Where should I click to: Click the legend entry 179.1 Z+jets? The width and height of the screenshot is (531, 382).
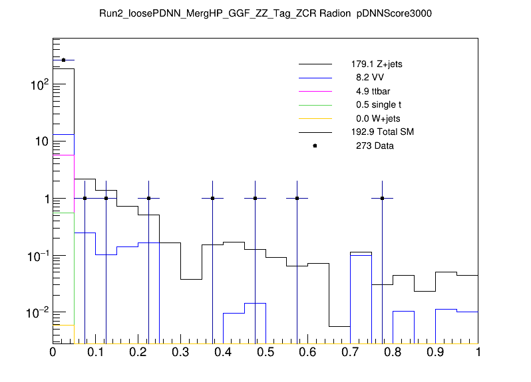376,65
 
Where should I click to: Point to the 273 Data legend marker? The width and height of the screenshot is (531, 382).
315,145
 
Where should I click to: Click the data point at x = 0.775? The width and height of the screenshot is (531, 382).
383,198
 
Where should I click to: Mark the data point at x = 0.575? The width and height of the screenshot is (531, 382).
297,198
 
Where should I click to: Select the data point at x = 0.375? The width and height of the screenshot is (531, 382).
212,198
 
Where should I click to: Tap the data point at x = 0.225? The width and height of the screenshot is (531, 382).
148,198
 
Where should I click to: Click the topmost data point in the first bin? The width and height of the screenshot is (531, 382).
63,60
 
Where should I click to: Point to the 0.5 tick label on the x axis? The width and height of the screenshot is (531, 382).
265,352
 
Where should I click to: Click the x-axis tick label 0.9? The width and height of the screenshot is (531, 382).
436,352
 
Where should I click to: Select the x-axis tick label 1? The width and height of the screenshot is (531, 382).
478,352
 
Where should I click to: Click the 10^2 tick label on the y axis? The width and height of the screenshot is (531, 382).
37,84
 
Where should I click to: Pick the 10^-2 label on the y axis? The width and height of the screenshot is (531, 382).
37,312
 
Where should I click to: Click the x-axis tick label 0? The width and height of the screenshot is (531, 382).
53,352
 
